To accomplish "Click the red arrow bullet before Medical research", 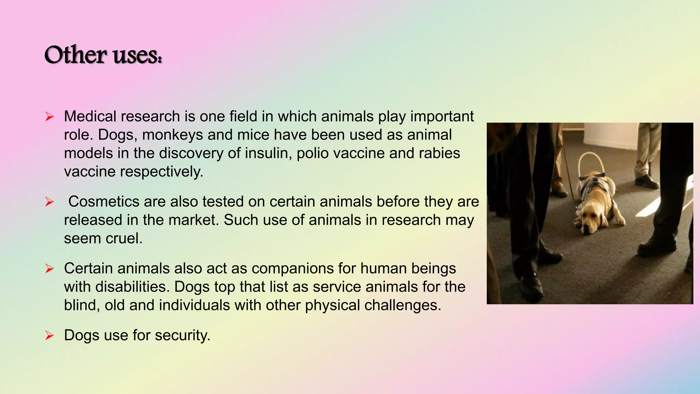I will [x=50, y=117].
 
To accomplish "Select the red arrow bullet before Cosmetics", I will [x=50, y=202].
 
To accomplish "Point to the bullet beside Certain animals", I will [x=50, y=269].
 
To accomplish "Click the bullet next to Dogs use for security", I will [x=50, y=336].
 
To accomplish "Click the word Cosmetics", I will [x=104, y=202].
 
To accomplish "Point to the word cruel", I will [x=124, y=238].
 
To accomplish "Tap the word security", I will [x=182, y=336].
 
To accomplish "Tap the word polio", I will [x=312, y=153].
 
